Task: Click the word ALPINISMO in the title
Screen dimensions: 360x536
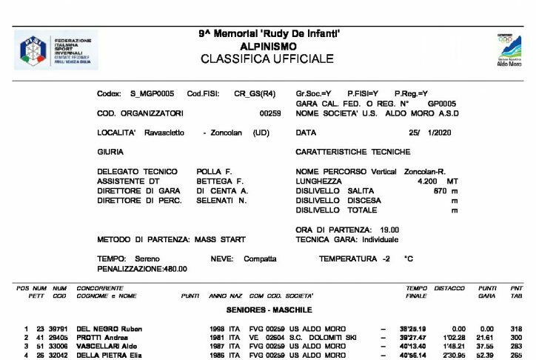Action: [x=267, y=46]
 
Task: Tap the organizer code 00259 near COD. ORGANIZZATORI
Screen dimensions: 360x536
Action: [x=270, y=113]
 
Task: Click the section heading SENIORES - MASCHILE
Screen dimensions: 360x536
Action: [x=269, y=310]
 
